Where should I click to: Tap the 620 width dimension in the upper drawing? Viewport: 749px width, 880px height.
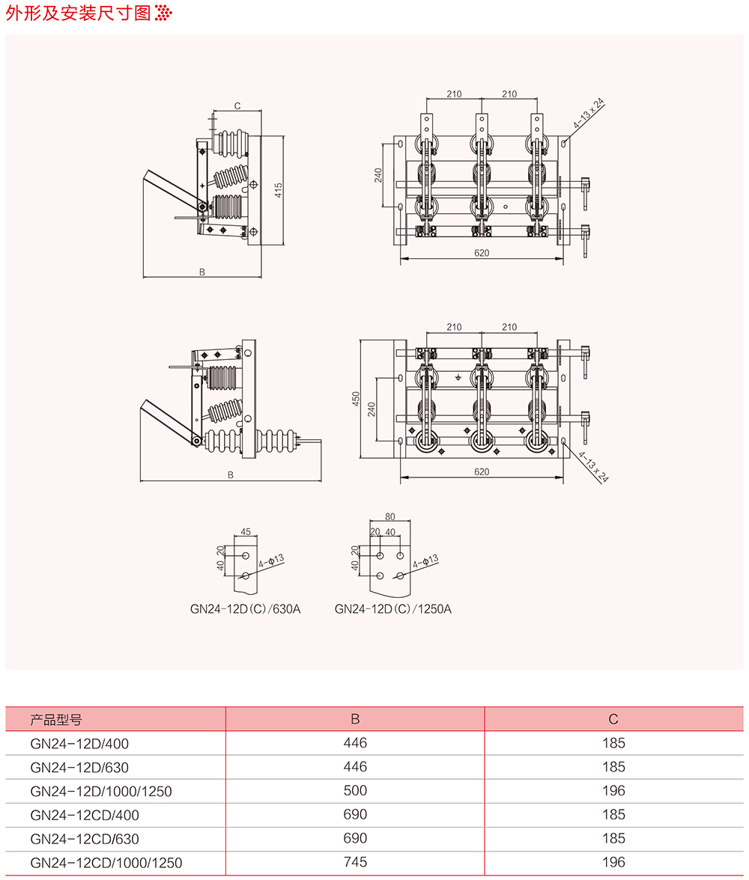[482, 253]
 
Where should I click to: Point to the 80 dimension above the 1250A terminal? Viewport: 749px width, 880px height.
[389, 516]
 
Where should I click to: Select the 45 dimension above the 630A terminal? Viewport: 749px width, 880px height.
[246, 532]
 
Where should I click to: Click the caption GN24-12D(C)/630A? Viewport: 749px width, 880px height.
[245, 609]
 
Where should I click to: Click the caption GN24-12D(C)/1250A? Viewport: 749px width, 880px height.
[393, 609]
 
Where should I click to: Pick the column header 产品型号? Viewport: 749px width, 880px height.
[56, 720]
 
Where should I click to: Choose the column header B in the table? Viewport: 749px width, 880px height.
[355, 720]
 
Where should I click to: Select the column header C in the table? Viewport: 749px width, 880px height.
[613, 720]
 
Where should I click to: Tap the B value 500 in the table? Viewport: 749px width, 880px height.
[355, 791]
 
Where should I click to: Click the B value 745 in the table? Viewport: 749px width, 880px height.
[355, 863]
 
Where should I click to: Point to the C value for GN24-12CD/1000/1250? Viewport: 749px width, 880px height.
[613, 863]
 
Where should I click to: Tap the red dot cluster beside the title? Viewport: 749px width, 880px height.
[164, 13]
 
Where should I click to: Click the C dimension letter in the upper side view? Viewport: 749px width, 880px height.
[237, 106]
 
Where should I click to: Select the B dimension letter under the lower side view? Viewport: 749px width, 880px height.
[231, 475]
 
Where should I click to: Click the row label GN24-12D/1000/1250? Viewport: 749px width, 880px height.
[101, 791]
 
